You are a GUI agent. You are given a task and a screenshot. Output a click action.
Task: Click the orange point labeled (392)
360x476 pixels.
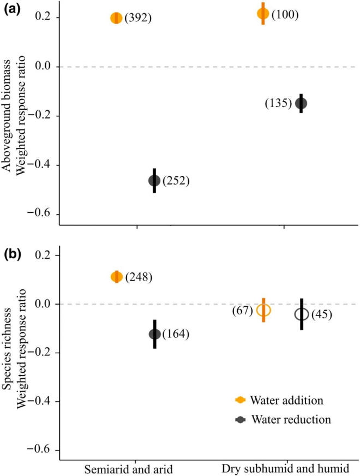(x=116, y=18)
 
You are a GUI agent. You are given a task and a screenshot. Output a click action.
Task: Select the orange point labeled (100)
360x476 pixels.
(x=263, y=14)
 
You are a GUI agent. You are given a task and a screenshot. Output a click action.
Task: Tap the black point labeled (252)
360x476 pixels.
(x=154, y=181)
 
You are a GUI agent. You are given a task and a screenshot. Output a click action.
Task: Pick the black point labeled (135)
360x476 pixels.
(x=301, y=103)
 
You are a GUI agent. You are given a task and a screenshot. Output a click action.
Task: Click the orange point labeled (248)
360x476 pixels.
(x=116, y=277)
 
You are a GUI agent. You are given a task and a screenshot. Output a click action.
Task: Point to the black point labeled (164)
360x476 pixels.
(x=154, y=334)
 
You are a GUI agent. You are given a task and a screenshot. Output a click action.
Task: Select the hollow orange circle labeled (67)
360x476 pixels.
(x=263, y=310)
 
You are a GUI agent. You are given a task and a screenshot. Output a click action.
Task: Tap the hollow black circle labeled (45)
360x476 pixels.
(x=301, y=314)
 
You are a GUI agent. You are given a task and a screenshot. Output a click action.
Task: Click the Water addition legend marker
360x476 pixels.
(x=239, y=400)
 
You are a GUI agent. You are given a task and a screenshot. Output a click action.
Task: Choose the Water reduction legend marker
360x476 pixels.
(x=239, y=419)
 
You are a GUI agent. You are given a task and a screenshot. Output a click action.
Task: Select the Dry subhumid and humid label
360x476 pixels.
(x=284, y=468)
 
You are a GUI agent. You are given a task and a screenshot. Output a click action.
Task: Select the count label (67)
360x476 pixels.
(x=241, y=310)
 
